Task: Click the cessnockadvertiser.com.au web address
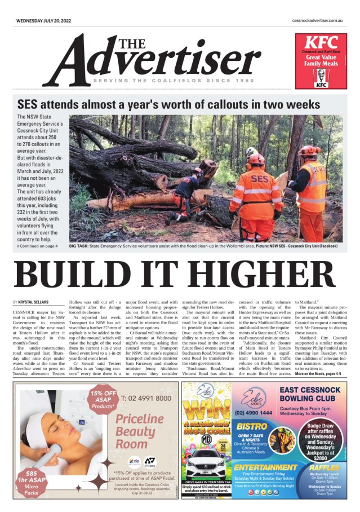tap(318, 21)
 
